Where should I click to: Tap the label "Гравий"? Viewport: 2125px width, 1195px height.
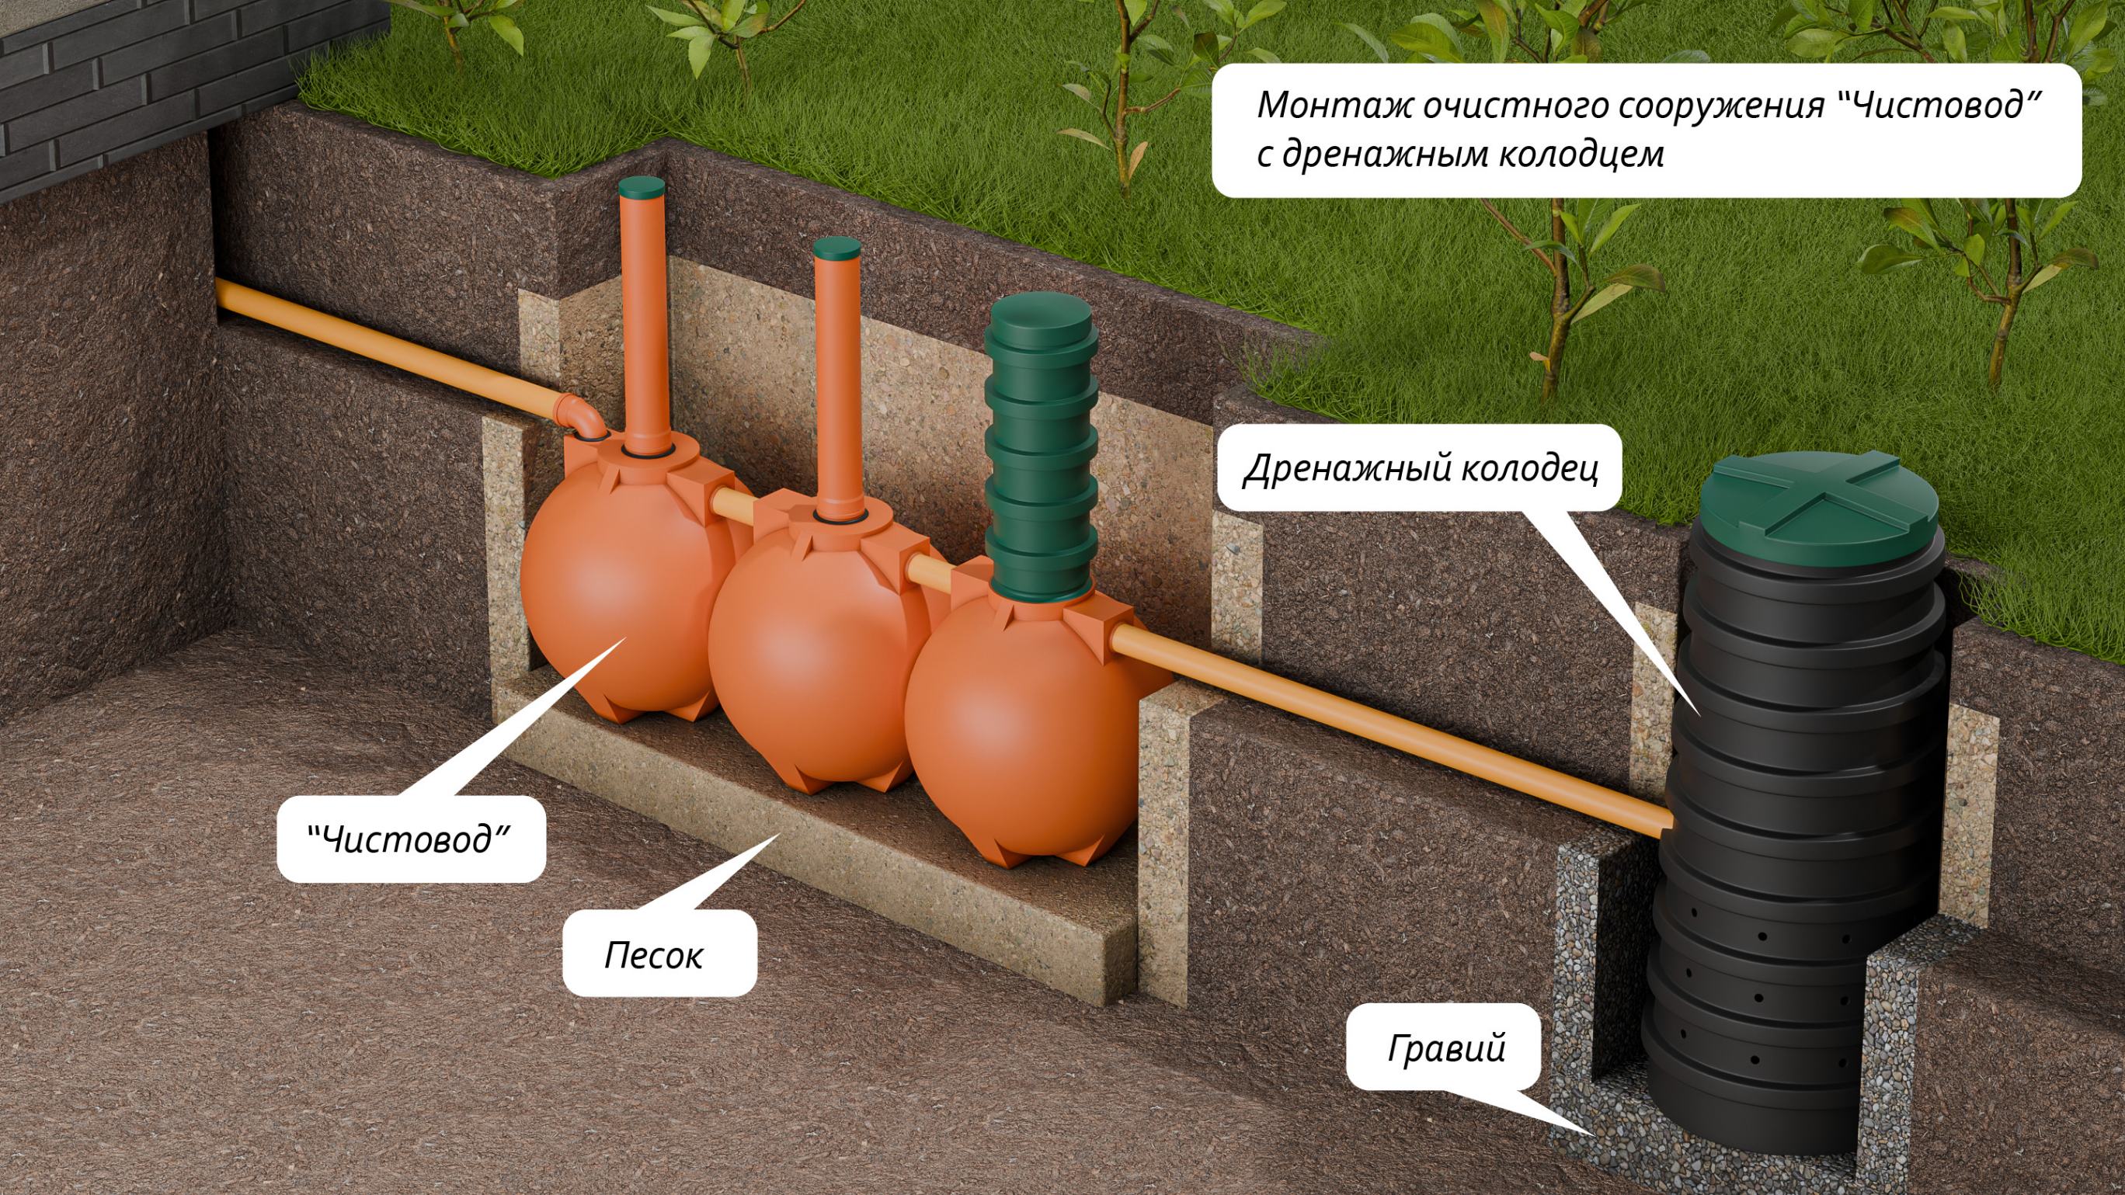click(x=1445, y=1047)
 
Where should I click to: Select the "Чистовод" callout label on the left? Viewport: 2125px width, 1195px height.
click(x=410, y=839)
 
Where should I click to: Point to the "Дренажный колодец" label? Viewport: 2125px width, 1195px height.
click(x=1420, y=467)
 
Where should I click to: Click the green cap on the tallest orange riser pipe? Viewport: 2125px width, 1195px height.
click(x=641, y=186)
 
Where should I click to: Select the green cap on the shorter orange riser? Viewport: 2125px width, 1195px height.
click(x=836, y=247)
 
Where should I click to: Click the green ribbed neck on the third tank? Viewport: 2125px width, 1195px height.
click(x=1041, y=446)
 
